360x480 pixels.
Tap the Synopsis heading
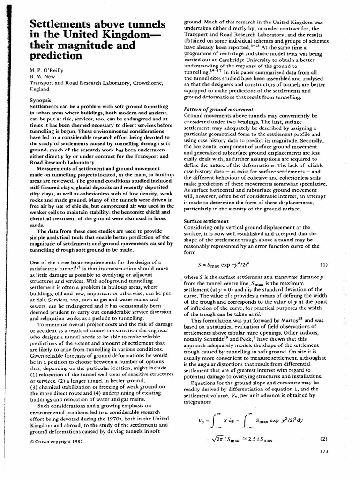click(x=41, y=100)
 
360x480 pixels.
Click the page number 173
click(x=322, y=451)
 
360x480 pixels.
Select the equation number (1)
click(x=323, y=264)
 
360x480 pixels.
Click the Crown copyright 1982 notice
click(x=57, y=441)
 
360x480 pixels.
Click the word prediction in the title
click(x=56, y=56)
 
